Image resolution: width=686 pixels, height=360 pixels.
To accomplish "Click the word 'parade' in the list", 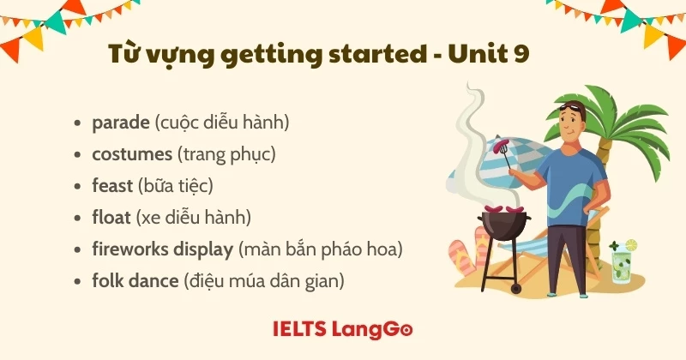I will pos(120,123).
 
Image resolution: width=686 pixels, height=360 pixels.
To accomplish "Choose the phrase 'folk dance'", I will pos(135,280).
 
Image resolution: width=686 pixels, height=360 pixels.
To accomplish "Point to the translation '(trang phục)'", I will pos(223,154).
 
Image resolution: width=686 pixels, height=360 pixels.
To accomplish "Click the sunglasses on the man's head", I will pos(574,106).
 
